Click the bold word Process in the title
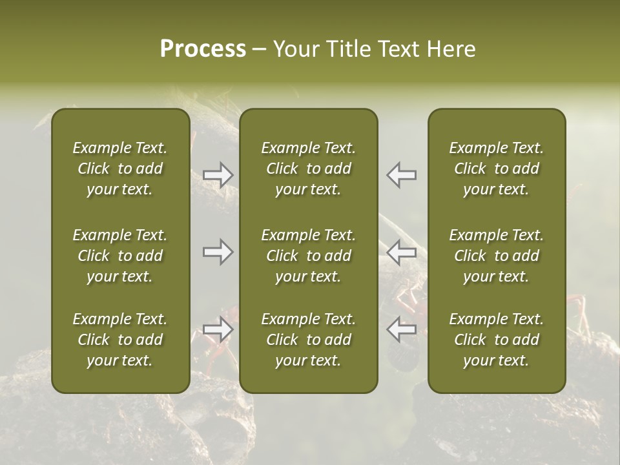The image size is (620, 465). [203, 49]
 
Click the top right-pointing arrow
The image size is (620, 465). [218, 174]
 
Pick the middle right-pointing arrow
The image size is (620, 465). [218, 252]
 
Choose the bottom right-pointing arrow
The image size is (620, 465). [218, 329]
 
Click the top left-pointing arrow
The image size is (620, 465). [401, 174]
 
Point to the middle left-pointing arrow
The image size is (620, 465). [401, 252]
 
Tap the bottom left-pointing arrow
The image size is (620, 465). [401, 329]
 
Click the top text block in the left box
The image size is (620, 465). [120, 169]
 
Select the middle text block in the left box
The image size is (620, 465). [120, 256]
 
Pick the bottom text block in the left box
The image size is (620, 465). [120, 340]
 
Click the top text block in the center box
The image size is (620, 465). [308, 169]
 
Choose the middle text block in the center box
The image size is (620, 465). [308, 256]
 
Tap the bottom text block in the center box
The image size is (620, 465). [308, 340]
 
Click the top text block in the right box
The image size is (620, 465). [497, 169]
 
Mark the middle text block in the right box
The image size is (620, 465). [497, 256]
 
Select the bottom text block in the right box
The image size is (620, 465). [497, 340]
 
